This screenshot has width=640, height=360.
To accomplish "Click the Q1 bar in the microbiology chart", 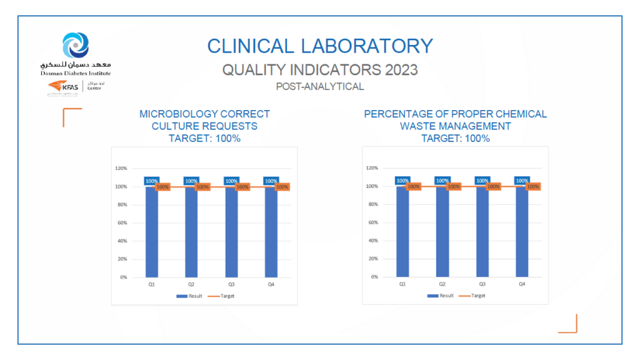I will click(x=151, y=231).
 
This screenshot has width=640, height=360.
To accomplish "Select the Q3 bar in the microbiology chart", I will click(x=231, y=231).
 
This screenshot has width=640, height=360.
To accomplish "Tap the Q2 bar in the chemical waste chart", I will click(x=442, y=231).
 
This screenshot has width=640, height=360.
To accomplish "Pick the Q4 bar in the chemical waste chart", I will click(x=522, y=231).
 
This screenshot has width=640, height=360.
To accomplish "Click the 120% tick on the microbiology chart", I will click(x=121, y=168).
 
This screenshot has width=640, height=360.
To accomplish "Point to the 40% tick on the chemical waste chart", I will click(x=372, y=241).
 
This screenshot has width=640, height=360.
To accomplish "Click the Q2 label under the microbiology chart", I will click(x=191, y=284).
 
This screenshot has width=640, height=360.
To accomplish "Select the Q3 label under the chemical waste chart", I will click(x=482, y=284).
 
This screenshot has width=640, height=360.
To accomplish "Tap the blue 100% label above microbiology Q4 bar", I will click(x=271, y=181).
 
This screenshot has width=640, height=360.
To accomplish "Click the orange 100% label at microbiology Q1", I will click(x=162, y=186).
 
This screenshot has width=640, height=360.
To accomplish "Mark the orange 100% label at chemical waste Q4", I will click(x=533, y=186).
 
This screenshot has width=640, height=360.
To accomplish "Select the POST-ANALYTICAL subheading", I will click(x=319, y=87).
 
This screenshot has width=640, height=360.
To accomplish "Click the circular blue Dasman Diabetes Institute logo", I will click(x=76, y=45).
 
